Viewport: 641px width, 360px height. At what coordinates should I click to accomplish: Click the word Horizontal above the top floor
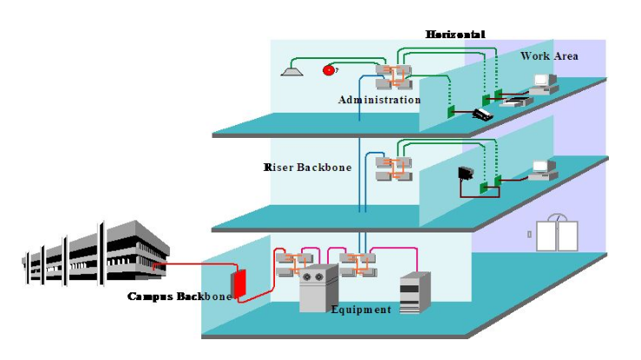tap(455, 34)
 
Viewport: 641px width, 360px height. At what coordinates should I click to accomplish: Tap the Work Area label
tap(549, 56)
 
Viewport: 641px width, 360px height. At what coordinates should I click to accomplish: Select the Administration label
tap(379, 100)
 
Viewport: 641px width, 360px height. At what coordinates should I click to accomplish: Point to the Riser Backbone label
tap(308, 167)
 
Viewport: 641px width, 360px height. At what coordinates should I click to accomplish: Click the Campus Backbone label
tap(180, 297)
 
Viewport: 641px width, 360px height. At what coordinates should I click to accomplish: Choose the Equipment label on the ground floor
tap(361, 310)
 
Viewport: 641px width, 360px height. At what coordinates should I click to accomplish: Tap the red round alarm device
tap(329, 69)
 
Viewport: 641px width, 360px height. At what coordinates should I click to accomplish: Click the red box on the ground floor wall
tap(239, 283)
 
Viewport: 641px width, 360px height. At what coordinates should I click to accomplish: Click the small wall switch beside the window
tap(529, 234)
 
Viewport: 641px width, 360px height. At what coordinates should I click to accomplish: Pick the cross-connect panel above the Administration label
tap(395, 75)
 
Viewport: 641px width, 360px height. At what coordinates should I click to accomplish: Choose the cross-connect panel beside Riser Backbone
tap(395, 167)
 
